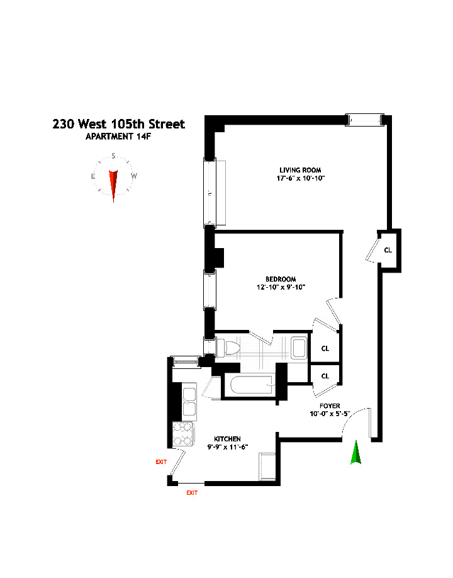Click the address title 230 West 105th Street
pos(119,124)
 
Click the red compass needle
pos(114,184)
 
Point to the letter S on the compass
pos(113,156)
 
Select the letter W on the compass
pos(133,176)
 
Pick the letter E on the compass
pos(93,176)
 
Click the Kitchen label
pos(227,439)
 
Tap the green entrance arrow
pos(356,453)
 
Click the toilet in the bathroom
pos(227,348)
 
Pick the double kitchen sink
pos(188,399)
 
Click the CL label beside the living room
pos(388,250)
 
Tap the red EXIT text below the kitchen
pos(192,493)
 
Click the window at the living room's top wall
pos(366,118)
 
